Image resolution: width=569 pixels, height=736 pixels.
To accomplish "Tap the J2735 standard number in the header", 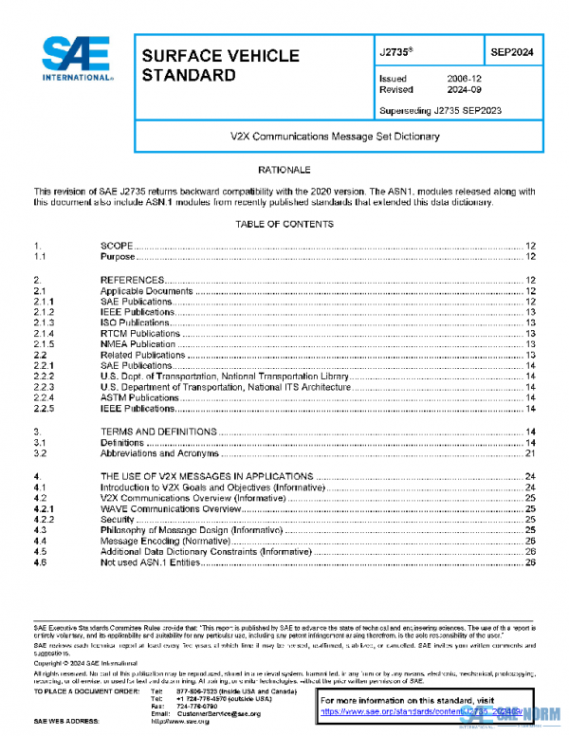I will coord(393,54).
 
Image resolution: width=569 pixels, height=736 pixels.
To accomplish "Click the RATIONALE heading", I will coord(284,169).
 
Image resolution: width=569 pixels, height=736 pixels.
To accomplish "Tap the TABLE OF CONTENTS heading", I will coord(284,224).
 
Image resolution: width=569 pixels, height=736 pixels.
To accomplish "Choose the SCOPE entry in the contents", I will coord(119,246).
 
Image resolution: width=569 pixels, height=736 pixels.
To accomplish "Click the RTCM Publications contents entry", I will coord(139,334).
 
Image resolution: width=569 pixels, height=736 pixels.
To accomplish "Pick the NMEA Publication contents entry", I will coord(138,344).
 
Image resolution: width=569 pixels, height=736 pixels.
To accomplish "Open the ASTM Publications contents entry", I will coord(139,398).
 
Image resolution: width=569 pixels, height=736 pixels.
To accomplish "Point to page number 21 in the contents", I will coord(531,453).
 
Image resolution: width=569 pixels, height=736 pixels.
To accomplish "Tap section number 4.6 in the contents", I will coord(40,562).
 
